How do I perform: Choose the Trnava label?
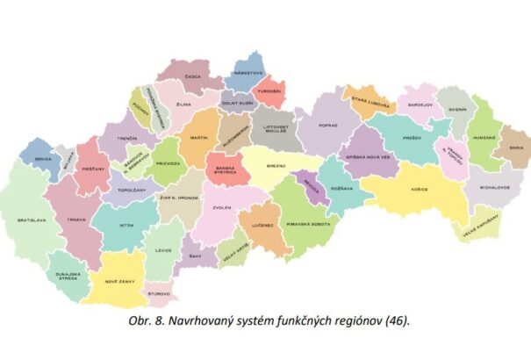coord(76,220)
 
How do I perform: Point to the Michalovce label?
coord(484,187)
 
